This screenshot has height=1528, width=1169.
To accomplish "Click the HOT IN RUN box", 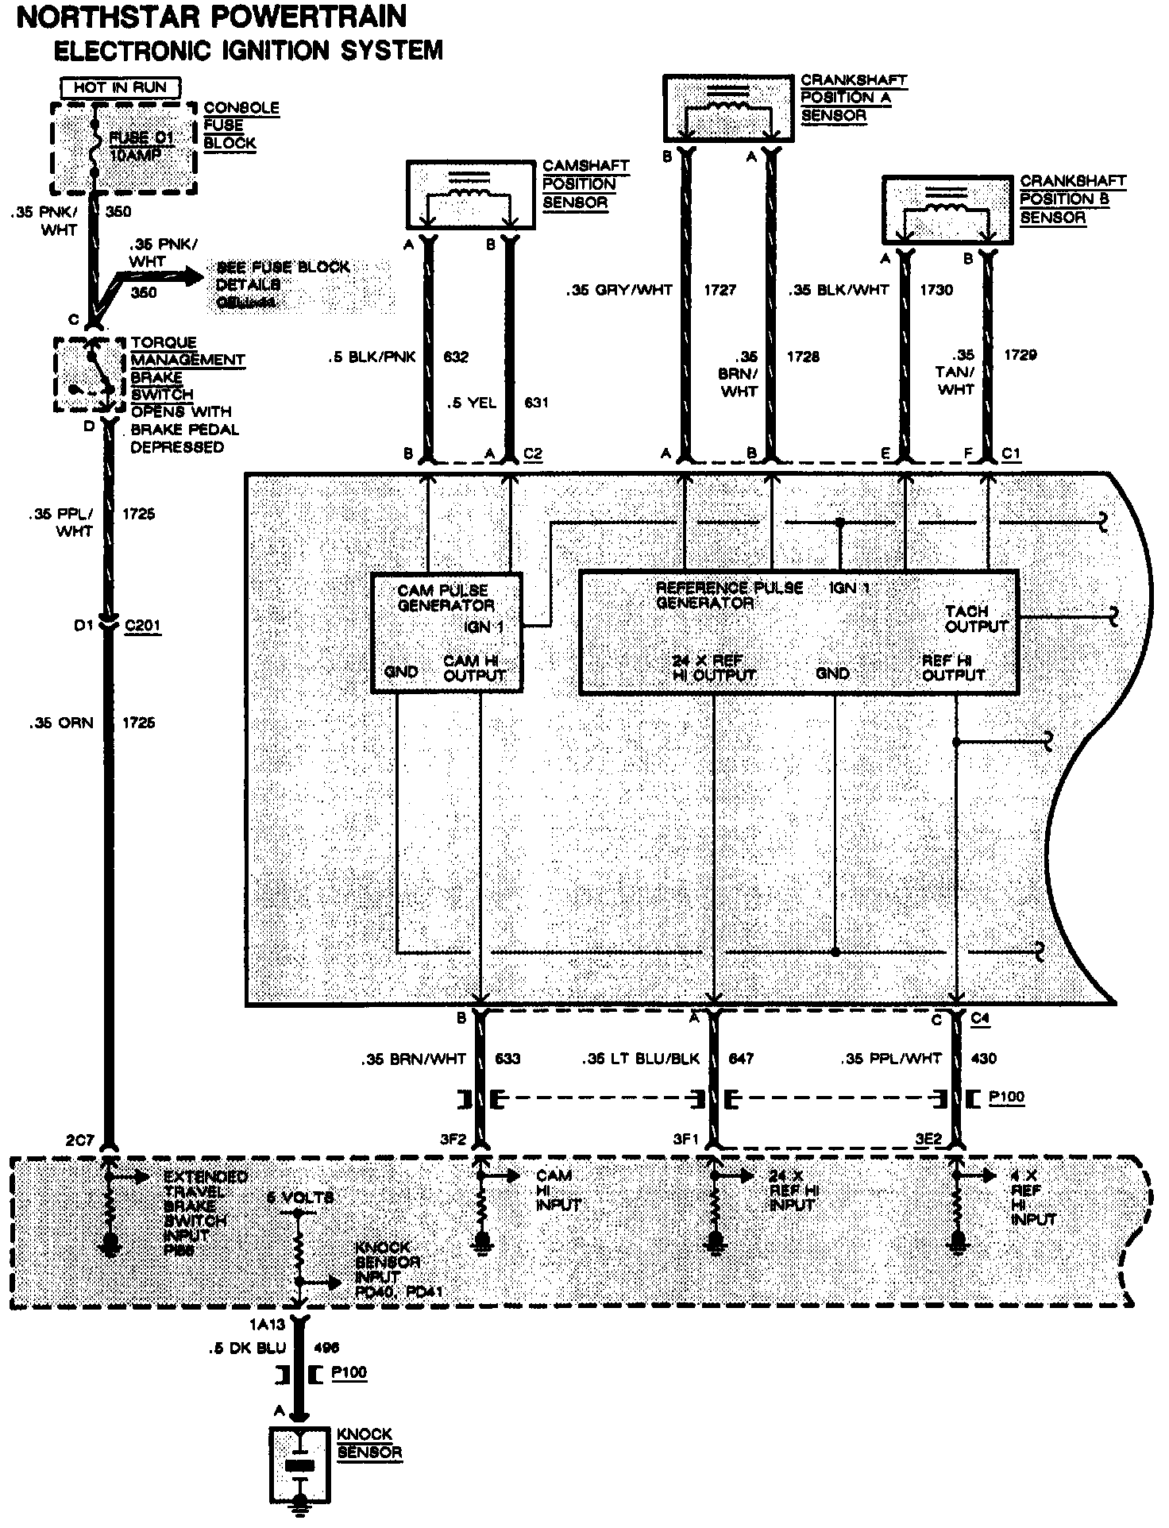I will (x=122, y=87).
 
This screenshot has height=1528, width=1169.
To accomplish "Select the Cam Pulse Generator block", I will (x=447, y=632).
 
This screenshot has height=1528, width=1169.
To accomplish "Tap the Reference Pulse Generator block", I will (x=799, y=632).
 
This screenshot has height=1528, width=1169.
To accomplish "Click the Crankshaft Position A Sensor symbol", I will (x=728, y=108).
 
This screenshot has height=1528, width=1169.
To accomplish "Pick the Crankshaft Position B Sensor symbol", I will (x=947, y=210).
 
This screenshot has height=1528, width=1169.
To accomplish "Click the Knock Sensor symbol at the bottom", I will (x=299, y=1464).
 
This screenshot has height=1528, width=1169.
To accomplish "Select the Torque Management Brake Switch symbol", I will (x=90, y=376).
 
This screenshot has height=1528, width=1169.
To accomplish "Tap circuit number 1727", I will (x=720, y=290).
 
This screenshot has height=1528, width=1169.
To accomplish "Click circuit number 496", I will (x=327, y=1347).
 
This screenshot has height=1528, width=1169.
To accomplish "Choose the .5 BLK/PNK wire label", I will (x=372, y=357).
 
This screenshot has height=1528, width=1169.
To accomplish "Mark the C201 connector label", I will (x=143, y=626).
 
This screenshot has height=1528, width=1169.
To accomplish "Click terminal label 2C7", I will (x=81, y=1140).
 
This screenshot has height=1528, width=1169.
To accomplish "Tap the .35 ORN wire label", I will (x=61, y=723).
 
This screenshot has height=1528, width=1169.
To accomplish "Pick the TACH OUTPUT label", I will (x=976, y=619).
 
